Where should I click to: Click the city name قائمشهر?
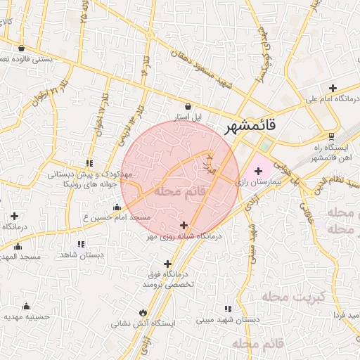252,127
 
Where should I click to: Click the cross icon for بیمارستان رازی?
258,171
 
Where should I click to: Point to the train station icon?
330,136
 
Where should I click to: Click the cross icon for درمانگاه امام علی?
333,89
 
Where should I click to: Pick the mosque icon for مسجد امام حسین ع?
117,207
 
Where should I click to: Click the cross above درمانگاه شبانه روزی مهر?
184,226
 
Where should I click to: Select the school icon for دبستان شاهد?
82,245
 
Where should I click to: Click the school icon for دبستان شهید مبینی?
228,308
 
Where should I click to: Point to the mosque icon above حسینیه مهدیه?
27,306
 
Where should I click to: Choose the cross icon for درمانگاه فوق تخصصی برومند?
167,264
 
